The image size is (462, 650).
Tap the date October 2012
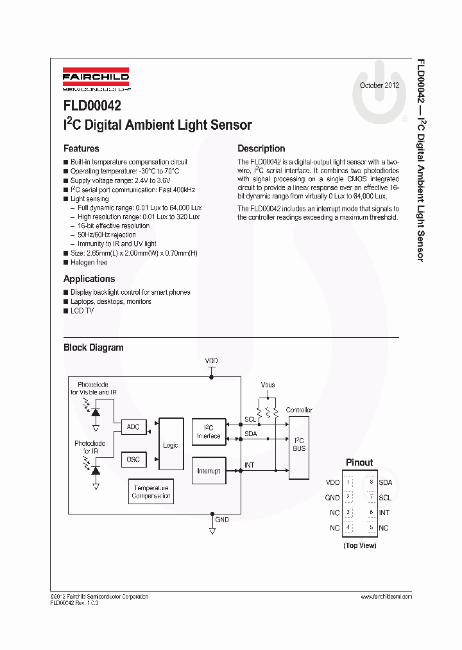(379, 85)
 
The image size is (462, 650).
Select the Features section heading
(81, 148)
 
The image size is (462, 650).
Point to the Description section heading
(261, 148)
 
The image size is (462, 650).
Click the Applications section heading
(89, 279)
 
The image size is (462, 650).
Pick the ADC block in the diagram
(133, 427)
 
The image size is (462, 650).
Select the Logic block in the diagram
(171, 445)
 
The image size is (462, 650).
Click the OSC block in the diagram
(133, 459)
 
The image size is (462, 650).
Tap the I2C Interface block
(209, 432)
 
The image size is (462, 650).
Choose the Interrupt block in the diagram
(209, 471)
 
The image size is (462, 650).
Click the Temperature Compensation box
(151, 492)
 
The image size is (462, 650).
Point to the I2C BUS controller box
(299, 444)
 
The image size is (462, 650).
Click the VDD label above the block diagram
(211, 361)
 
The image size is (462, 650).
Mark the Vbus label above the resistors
(268, 385)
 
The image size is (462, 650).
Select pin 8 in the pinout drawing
(371, 482)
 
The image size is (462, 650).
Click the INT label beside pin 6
(384, 513)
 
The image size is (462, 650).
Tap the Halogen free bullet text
(89, 263)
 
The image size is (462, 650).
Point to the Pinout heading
(359, 462)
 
